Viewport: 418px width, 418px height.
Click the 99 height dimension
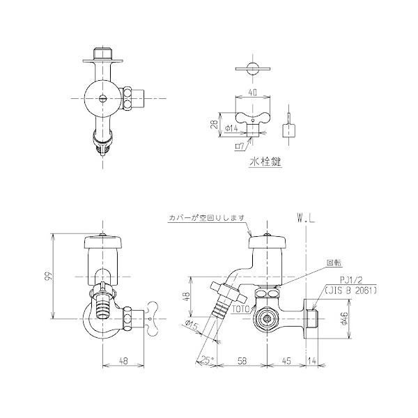48,277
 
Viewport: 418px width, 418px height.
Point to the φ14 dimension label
233,128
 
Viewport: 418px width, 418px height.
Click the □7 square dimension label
240,146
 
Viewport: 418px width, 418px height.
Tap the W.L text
305,217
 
